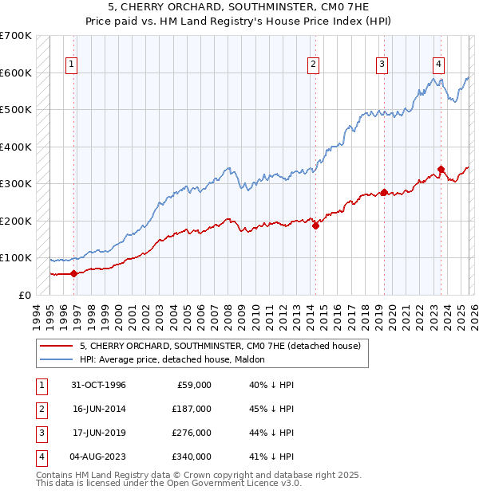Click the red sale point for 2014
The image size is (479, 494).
(315, 225)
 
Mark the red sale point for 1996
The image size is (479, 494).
(74, 273)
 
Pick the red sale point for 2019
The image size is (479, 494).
(384, 192)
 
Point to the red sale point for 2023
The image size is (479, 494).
(441, 169)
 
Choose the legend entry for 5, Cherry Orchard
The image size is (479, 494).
(220, 346)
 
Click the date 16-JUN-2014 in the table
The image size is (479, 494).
(99, 409)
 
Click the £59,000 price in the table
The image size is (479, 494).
(192, 385)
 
